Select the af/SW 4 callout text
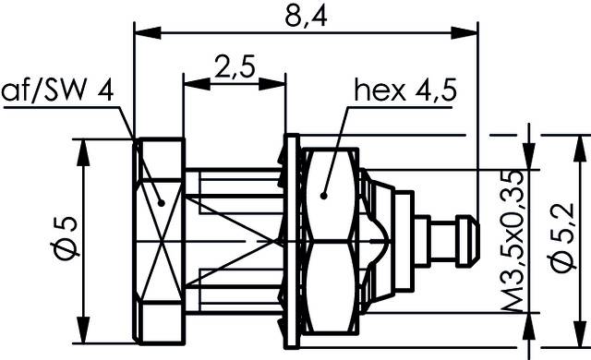tap(57, 90)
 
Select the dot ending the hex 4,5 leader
tap(324, 195)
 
